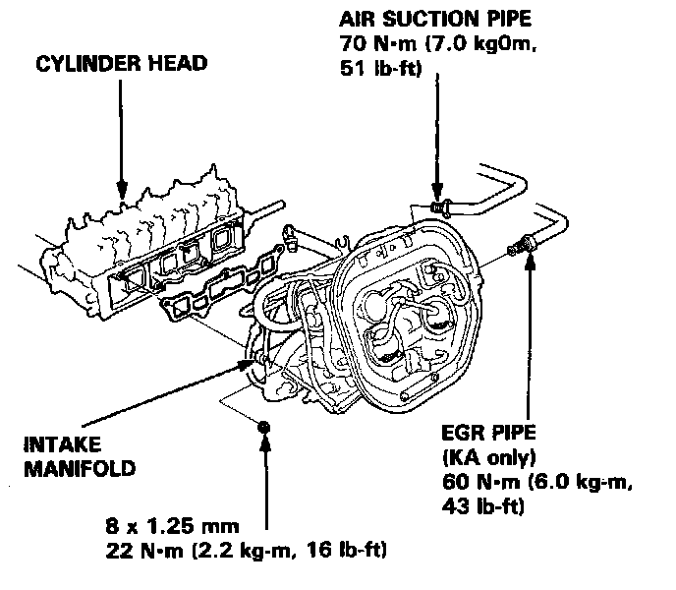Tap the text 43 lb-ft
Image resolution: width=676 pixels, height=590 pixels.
tap(488, 507)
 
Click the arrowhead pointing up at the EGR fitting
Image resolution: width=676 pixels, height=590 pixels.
tap(532, 258)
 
